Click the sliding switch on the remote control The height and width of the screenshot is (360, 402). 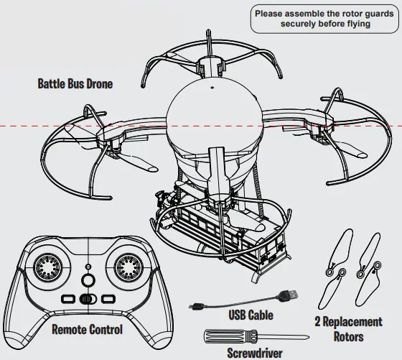[x=88, y=298]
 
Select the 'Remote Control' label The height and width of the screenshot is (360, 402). [x=87, y=330]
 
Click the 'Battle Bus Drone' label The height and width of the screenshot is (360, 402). [x=75, y=83]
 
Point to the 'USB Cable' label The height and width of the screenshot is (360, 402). [x=251, y=315]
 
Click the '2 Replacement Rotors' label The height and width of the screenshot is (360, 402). [x=348, y=328]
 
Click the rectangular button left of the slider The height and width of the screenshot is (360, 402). [x=67, y=298]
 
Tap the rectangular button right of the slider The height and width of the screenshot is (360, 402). [x=108, y=298]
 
